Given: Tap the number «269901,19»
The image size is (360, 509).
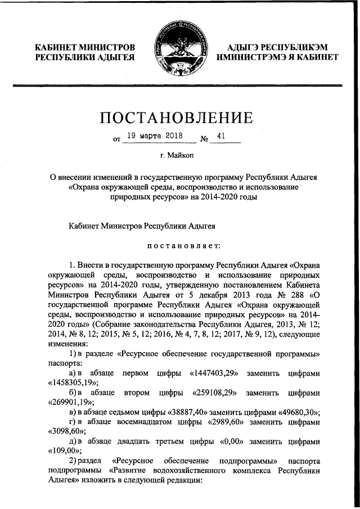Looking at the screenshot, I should (x=66, y=402).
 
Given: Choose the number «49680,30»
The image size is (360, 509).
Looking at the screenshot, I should (x=292, y=411).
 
